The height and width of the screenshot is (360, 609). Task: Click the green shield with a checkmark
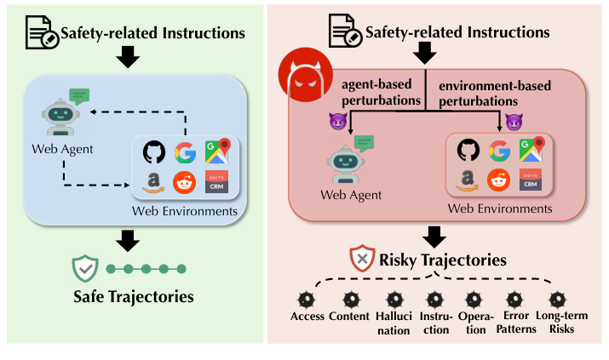(86, 269)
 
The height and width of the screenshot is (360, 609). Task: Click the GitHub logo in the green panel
(153, 151)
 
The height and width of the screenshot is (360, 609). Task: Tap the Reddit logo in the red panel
(497, 180)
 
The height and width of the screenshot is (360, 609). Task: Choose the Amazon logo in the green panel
(153, 182)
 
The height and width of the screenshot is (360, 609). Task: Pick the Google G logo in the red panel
(499, 151)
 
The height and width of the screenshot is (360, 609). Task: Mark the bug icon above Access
(308, 300)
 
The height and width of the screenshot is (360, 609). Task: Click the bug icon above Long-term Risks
(557, 300)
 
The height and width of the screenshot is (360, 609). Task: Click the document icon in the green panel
(40, 35)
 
